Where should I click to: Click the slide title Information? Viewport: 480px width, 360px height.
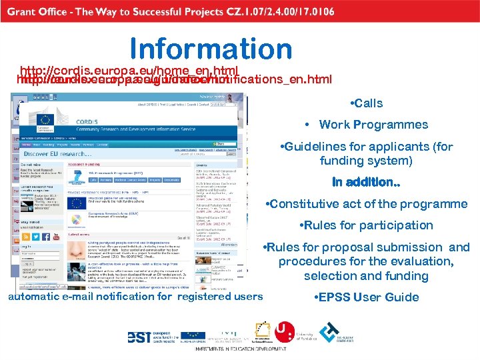(x=211, y=49)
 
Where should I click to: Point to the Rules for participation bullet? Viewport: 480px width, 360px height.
(x=367, y=225)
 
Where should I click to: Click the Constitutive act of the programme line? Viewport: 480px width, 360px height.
(x=366, y=204)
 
